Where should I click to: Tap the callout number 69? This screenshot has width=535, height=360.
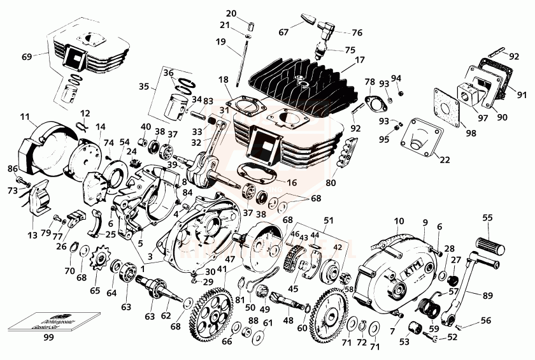click(x=26, y=57)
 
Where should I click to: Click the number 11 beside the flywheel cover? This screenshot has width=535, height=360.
click(x=25, y=117)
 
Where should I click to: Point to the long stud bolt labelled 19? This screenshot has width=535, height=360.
click(x=241, y=64)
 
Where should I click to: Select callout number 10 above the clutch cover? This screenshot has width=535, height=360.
click(x=399, y=221)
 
